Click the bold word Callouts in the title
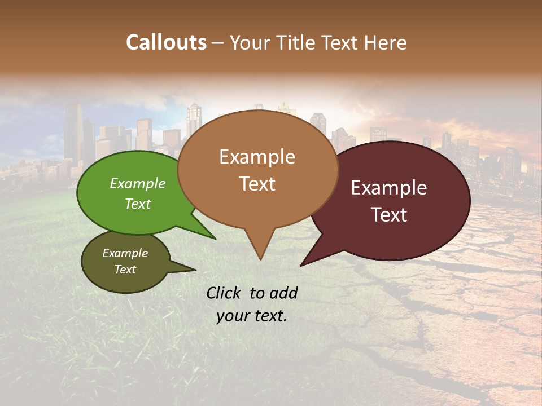166,42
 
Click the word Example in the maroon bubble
389,188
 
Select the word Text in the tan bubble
257,184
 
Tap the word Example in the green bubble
138,184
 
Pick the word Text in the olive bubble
125,270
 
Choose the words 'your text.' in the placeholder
252,316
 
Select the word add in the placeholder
283,293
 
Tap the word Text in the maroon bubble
390,215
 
